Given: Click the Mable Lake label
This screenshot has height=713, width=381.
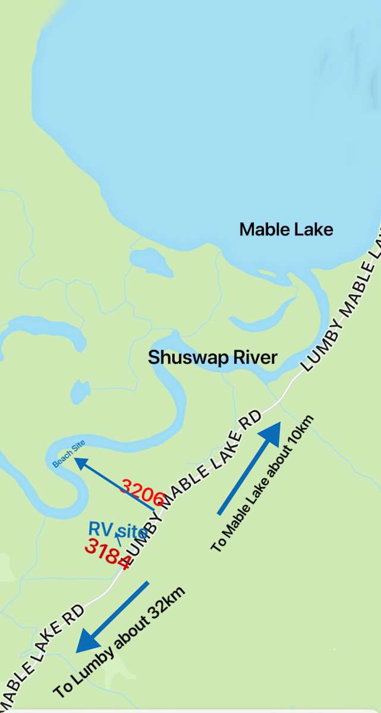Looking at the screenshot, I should point(286,229).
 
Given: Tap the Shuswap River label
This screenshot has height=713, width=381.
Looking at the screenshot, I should point(212,358).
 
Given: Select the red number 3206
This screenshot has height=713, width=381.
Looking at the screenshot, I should point(142,492).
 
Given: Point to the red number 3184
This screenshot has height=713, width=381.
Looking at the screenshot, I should point(108,554).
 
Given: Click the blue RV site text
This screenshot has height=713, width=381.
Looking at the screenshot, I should point(117,529).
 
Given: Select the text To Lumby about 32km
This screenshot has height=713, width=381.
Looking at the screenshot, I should point(119,642).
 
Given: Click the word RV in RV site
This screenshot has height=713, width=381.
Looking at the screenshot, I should point(99,529).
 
